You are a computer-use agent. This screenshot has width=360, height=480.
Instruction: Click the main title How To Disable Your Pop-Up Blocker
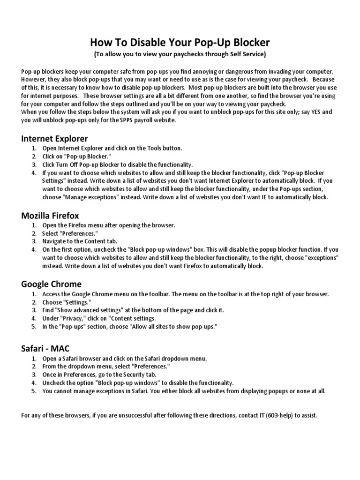coord(180,43)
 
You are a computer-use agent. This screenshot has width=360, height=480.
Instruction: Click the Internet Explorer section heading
coord(54,138)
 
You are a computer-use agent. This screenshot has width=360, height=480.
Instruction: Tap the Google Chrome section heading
coord(52,284)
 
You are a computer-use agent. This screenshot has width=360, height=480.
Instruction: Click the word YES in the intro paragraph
coord(315,112)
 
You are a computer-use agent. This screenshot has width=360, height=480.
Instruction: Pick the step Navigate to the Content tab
coord(80,241)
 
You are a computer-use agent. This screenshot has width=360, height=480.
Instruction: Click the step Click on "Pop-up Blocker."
coord(77,156)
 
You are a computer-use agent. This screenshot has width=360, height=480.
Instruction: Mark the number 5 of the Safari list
coord(33,391)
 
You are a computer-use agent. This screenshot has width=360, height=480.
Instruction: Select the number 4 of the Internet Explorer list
coord(33,172)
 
